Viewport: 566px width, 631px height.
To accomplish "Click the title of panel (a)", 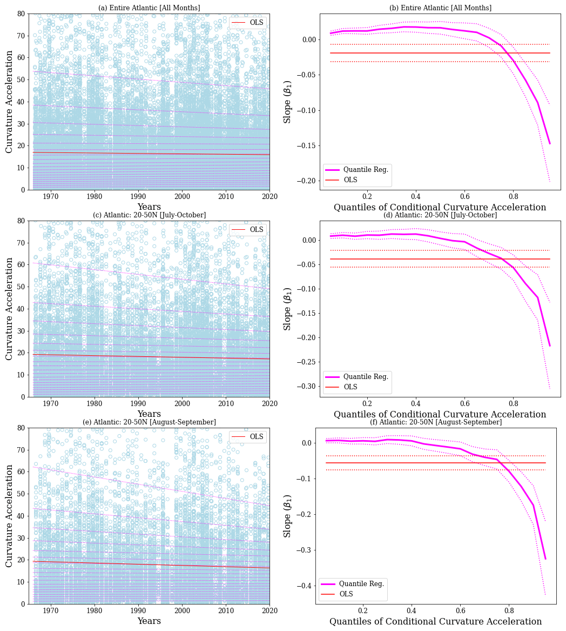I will (149, 8).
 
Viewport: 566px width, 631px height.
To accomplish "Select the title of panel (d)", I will (440, 215).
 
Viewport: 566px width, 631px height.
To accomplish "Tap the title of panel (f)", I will (435, 422).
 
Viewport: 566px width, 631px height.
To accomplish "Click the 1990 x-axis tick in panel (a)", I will (138, 196).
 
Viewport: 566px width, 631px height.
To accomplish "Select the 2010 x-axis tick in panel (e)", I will (226, 610).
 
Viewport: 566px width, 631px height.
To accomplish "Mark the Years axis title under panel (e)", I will (149, 621).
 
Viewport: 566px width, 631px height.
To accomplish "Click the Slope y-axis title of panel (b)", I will (288, 102).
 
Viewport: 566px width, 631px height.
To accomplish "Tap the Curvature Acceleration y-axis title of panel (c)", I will (9, 309).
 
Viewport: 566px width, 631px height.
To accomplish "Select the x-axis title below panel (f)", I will (436, 622).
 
